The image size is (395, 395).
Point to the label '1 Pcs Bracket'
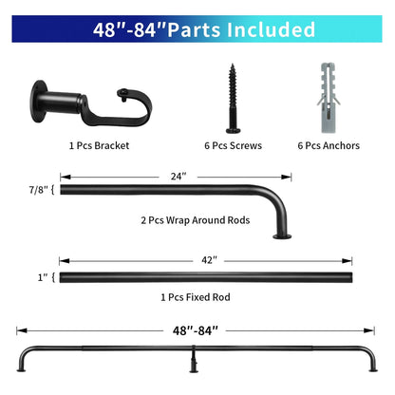click(99, 145)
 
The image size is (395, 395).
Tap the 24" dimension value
click(179, 176)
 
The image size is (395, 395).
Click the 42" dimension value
click(209, 258)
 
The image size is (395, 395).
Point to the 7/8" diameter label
click(41, 190)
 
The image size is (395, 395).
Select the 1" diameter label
click(44, 277)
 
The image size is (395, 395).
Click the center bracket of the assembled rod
click(195, 360)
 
